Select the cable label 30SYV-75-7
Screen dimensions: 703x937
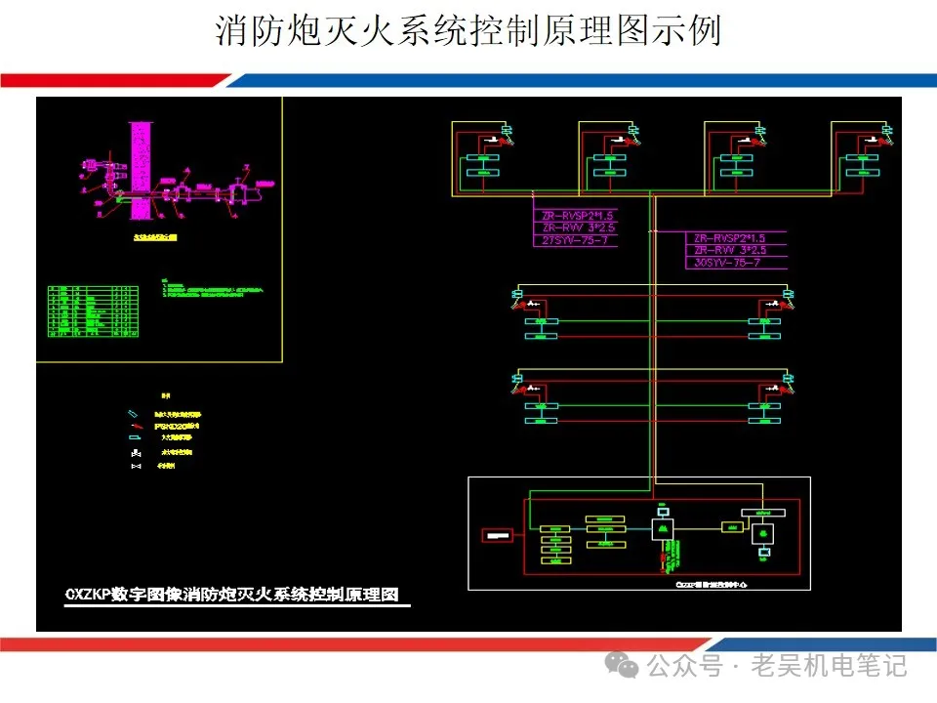tap(727, 263)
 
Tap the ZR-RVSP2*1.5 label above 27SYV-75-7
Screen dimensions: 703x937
tap(580, 214)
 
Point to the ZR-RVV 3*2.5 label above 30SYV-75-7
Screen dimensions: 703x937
tap(727, 250)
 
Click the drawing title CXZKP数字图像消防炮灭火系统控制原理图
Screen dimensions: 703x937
tap(232, 595)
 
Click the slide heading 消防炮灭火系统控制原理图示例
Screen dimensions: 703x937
tap(468, 30)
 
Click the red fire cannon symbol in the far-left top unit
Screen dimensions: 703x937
tap(506, 143)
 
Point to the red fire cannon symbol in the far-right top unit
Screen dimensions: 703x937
tap(883, 143)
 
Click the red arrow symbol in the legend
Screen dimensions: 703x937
tap(136, 426)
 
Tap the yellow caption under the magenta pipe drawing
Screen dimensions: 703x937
tap(154, 237)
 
